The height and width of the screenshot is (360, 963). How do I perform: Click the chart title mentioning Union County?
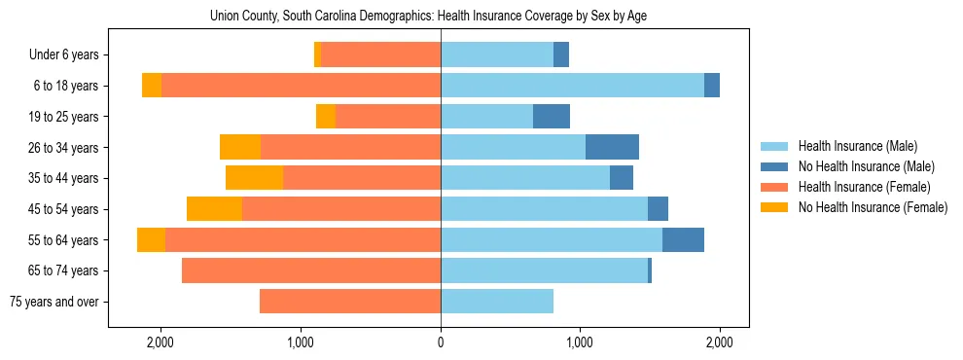(428, 17)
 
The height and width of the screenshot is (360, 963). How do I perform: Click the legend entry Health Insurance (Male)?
(857, 146)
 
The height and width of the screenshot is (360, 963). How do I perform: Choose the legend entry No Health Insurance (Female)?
(873, 207)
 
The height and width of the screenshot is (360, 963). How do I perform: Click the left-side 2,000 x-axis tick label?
(160, 342)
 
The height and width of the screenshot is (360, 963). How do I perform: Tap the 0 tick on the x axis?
(441, 342)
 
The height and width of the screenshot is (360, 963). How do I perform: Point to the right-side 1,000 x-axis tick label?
(580, 342)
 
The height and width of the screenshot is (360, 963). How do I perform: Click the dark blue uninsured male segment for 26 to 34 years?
(612, 147)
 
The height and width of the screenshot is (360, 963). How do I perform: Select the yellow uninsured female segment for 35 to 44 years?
(254, 178)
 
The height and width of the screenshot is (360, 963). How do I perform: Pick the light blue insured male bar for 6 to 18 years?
(572, 86)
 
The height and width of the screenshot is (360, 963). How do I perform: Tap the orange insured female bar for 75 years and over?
(350, 302)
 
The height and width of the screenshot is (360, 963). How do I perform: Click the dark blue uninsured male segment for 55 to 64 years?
(683, 239)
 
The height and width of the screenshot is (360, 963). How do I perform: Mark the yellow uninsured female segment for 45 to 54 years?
(214, 209)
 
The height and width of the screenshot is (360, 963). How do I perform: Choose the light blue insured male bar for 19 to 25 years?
(486, 117)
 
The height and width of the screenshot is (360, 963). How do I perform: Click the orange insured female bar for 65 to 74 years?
(311, 270)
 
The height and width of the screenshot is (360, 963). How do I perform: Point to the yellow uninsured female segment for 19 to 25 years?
(326, 117)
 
